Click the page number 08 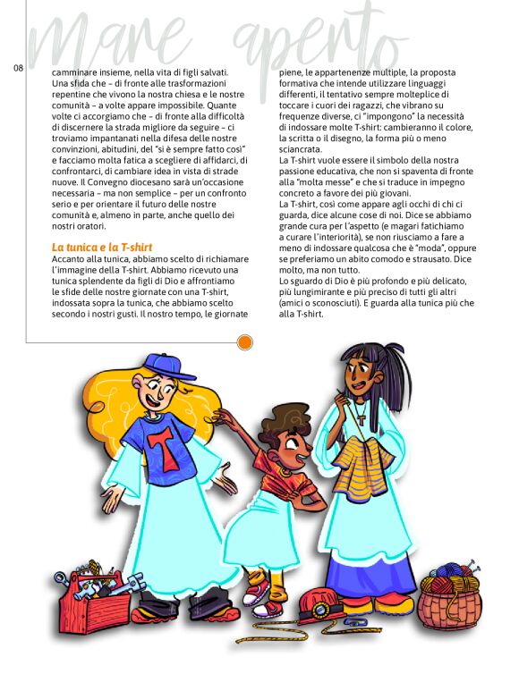coord(19,68)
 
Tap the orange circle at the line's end coord(244,341)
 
